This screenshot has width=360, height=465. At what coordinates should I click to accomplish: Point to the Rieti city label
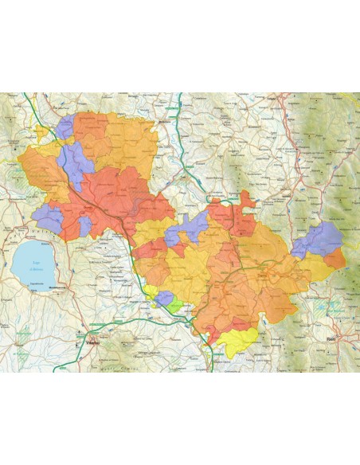[331, 339]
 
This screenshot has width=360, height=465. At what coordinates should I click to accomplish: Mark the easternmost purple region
[317, 240]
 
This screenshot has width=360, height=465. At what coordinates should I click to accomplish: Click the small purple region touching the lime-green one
[165, 299]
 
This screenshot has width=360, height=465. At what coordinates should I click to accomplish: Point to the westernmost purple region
[48, 216]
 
